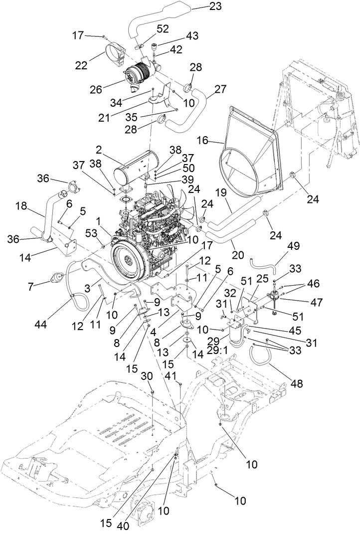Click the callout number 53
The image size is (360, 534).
tap(91, 234)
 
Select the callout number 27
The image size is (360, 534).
tap(220, 89)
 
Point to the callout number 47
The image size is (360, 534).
tap(317, 303)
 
